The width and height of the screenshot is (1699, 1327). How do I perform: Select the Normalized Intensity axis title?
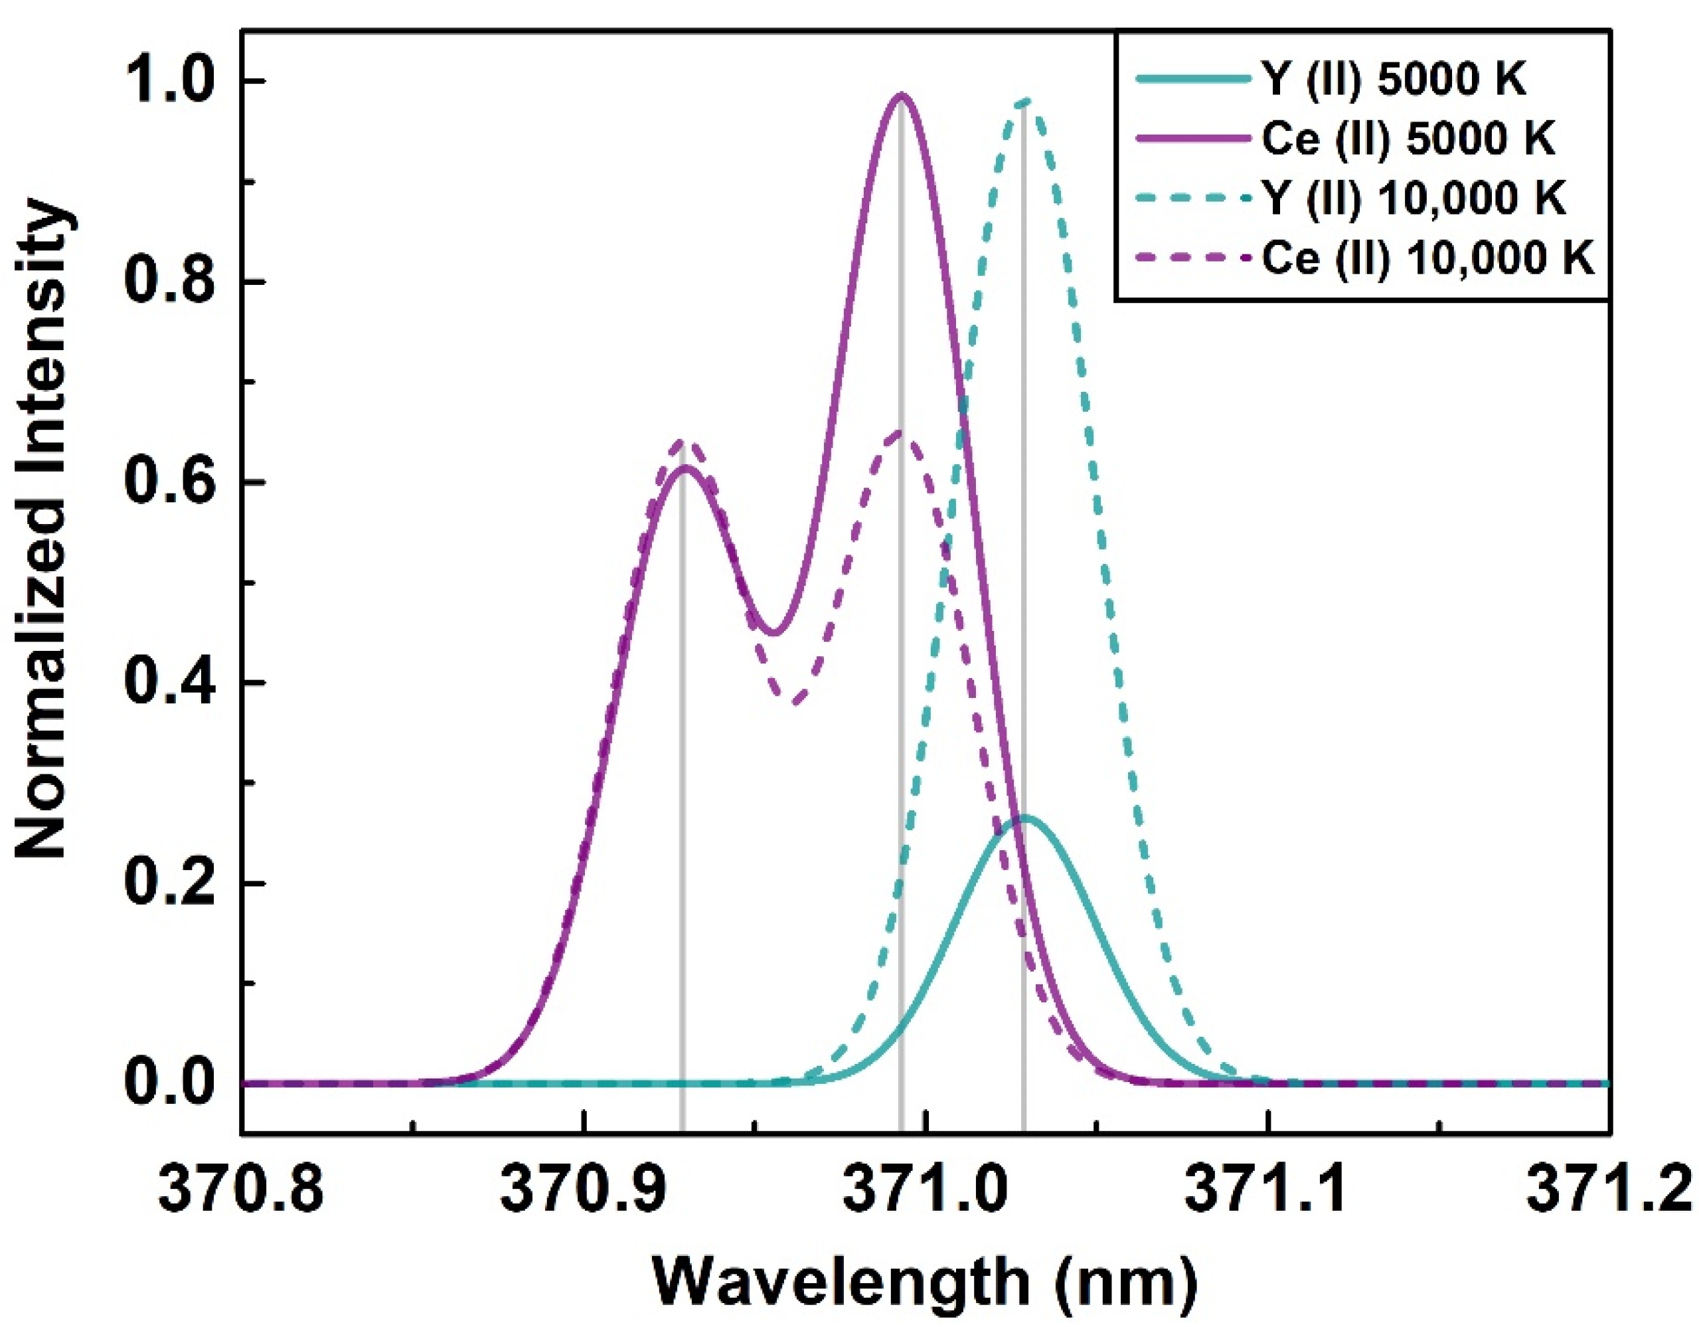(x=44, y=529)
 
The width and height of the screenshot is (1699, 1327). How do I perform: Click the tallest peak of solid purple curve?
(x=901, y=95)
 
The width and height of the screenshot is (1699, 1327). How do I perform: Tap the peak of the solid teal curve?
(x=1024, y=818)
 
